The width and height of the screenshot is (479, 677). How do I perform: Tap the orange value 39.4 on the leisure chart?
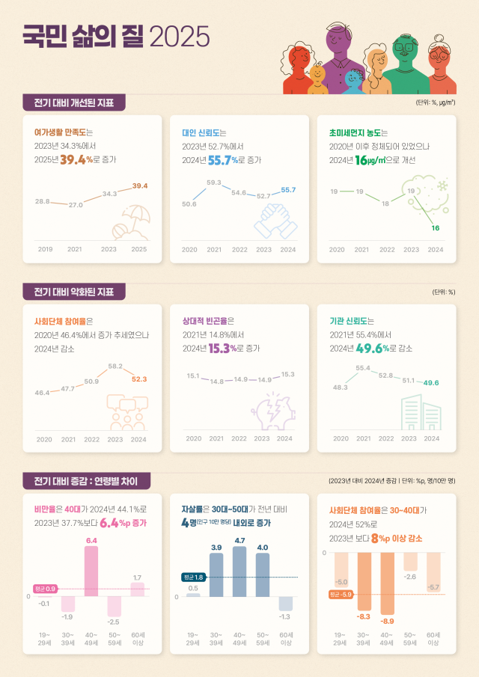coord(140,186)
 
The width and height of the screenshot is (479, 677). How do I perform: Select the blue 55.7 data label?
coord(288,189)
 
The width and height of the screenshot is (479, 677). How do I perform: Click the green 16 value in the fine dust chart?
coord(436,227)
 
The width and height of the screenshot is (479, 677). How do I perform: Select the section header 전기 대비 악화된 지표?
coord(73,291)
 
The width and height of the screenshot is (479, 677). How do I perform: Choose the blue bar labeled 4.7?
coord(239,572)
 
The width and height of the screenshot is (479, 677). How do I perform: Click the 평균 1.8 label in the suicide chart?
coord(194,577)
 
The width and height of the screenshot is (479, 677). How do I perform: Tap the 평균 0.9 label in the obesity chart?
coord(46,589)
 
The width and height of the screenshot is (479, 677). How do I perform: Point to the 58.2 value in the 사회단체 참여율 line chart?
coord(115,366)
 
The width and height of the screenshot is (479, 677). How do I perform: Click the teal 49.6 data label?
coord(431,382)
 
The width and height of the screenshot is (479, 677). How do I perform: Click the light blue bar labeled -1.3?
coord(285,603)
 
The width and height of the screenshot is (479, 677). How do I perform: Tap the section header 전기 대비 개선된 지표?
coord(73,102)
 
